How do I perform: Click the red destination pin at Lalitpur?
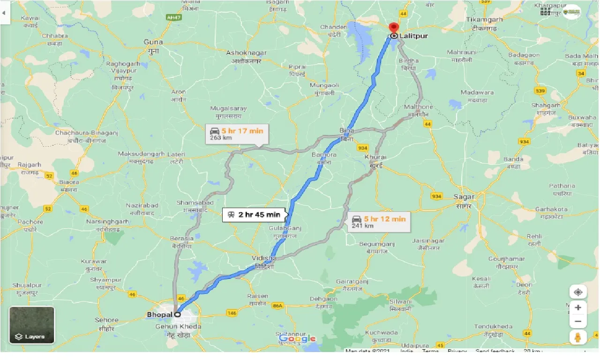(394, 28)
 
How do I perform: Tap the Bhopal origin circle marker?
(178, 315)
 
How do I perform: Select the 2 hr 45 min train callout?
(254, 215)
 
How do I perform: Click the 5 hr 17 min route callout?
(237, 134)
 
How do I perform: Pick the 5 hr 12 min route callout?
(379, 222)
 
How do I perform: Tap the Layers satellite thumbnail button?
(32, 325)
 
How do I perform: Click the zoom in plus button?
(578, 307)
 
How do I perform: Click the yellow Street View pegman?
(578, 337)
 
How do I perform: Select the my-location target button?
(578, 292)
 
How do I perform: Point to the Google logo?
(297, 338)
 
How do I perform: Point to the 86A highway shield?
(277, 306)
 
